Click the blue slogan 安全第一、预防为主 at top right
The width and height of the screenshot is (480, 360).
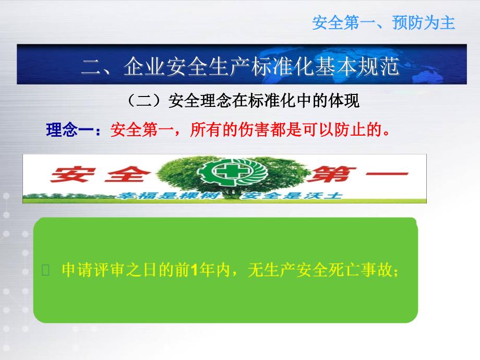click(x=383, y=23)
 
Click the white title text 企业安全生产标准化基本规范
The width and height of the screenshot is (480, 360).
click(x=261, y=66)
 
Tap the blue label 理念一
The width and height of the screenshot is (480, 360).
click(x=70, y=130)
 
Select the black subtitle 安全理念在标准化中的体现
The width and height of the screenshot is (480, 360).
click(x=263, y=100)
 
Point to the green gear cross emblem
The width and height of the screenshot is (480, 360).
click(x=232, y=172)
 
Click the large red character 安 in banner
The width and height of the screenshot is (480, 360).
click(x=73, y=174)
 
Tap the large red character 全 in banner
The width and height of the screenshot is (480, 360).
click(x=128, y=174)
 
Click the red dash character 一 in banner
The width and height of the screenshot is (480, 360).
click(x=387, y=174)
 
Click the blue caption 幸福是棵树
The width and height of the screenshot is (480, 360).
click(x=169, y=195)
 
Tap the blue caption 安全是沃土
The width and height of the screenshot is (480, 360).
click(x=291, y=195)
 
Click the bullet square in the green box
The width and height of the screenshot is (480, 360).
click(x=45, y=270)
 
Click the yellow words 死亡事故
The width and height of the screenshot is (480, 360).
click(x=360, y=270)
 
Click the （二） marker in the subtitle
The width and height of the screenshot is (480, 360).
click(x=144, y=100)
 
